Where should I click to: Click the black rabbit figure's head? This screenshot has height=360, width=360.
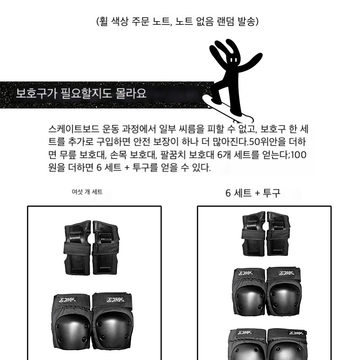point(233,61)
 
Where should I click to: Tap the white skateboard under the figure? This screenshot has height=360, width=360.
point(228,108)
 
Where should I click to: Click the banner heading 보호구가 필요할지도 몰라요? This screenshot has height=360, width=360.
point(81,94)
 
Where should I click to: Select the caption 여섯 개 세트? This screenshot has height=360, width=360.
point(87,192)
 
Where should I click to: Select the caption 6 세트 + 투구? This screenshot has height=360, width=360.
point(253,193)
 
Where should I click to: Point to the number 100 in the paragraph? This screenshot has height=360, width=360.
point(299,155)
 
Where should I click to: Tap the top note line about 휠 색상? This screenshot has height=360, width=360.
point(177,22)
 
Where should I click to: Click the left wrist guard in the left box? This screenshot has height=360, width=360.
point(77,248)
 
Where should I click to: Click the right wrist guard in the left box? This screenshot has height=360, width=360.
point(106,248)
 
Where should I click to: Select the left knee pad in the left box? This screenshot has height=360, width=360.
point(72,324)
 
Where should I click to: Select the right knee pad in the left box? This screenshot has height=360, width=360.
point(112,323)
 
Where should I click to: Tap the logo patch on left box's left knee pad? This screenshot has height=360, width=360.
point(67,300)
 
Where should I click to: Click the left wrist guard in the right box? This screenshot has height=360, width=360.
point(254,234)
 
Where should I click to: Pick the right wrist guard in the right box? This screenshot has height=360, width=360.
point(278,234)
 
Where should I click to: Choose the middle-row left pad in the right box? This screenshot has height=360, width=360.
point(249,292)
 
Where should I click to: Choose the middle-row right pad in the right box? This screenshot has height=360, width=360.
point(284,291)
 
